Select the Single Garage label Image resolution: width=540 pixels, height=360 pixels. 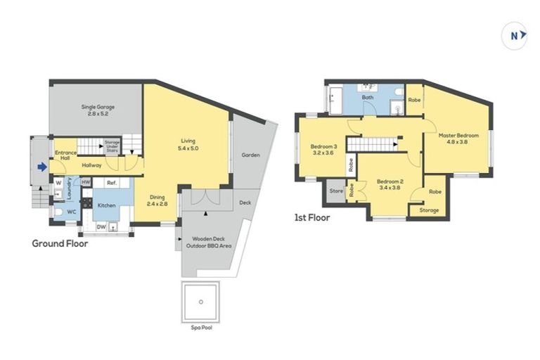pos(96,110)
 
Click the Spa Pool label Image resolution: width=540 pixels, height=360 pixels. pos(200,328)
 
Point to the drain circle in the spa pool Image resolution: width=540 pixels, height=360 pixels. pos(201,302)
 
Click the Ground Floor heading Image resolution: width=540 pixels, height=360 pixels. pos(60,244)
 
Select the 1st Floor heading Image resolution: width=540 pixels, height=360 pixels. pos(312,217)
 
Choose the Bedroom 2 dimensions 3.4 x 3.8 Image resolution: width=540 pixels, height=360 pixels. pos(388,187)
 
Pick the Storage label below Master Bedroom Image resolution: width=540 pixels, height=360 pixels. pos(429,210)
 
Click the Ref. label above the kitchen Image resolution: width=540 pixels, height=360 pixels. pos(110,183)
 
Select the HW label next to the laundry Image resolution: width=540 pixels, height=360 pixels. pos(85,183)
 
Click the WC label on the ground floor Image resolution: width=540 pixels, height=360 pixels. pos(70,211)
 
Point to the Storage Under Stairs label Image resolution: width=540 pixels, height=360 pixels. pos(112,146)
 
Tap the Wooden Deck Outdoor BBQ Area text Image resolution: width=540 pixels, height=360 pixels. pos(209,242)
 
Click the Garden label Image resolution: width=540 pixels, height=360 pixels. pos(250,155)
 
